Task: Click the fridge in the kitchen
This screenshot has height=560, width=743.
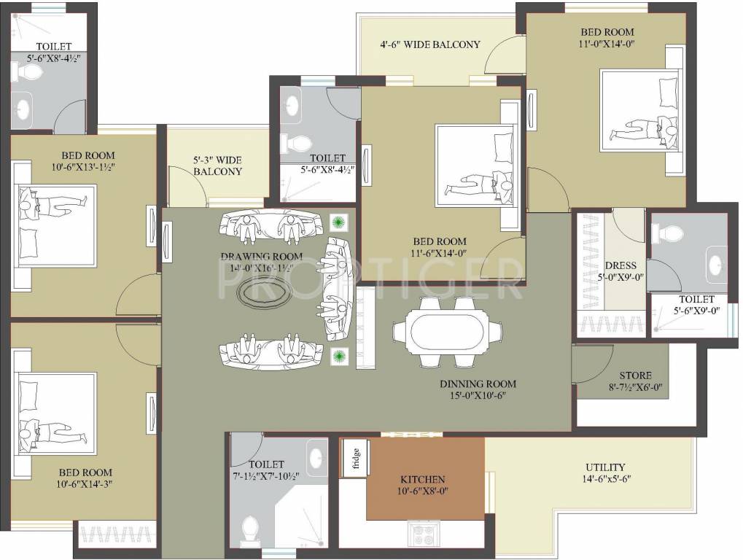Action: coord(353,461)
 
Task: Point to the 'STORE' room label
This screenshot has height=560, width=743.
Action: coord(635,376)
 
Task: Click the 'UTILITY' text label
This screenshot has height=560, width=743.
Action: coord(605,467)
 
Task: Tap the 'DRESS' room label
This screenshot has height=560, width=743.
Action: coord(621,266)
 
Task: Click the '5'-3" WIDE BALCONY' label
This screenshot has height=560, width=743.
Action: coord(217,166)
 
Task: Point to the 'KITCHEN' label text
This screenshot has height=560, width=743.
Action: coord(423,479)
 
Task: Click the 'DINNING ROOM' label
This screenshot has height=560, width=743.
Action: coord(478,384)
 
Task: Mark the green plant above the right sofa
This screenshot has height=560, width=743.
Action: coord(338,222)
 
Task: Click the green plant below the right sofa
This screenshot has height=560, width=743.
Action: coord(338,356)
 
